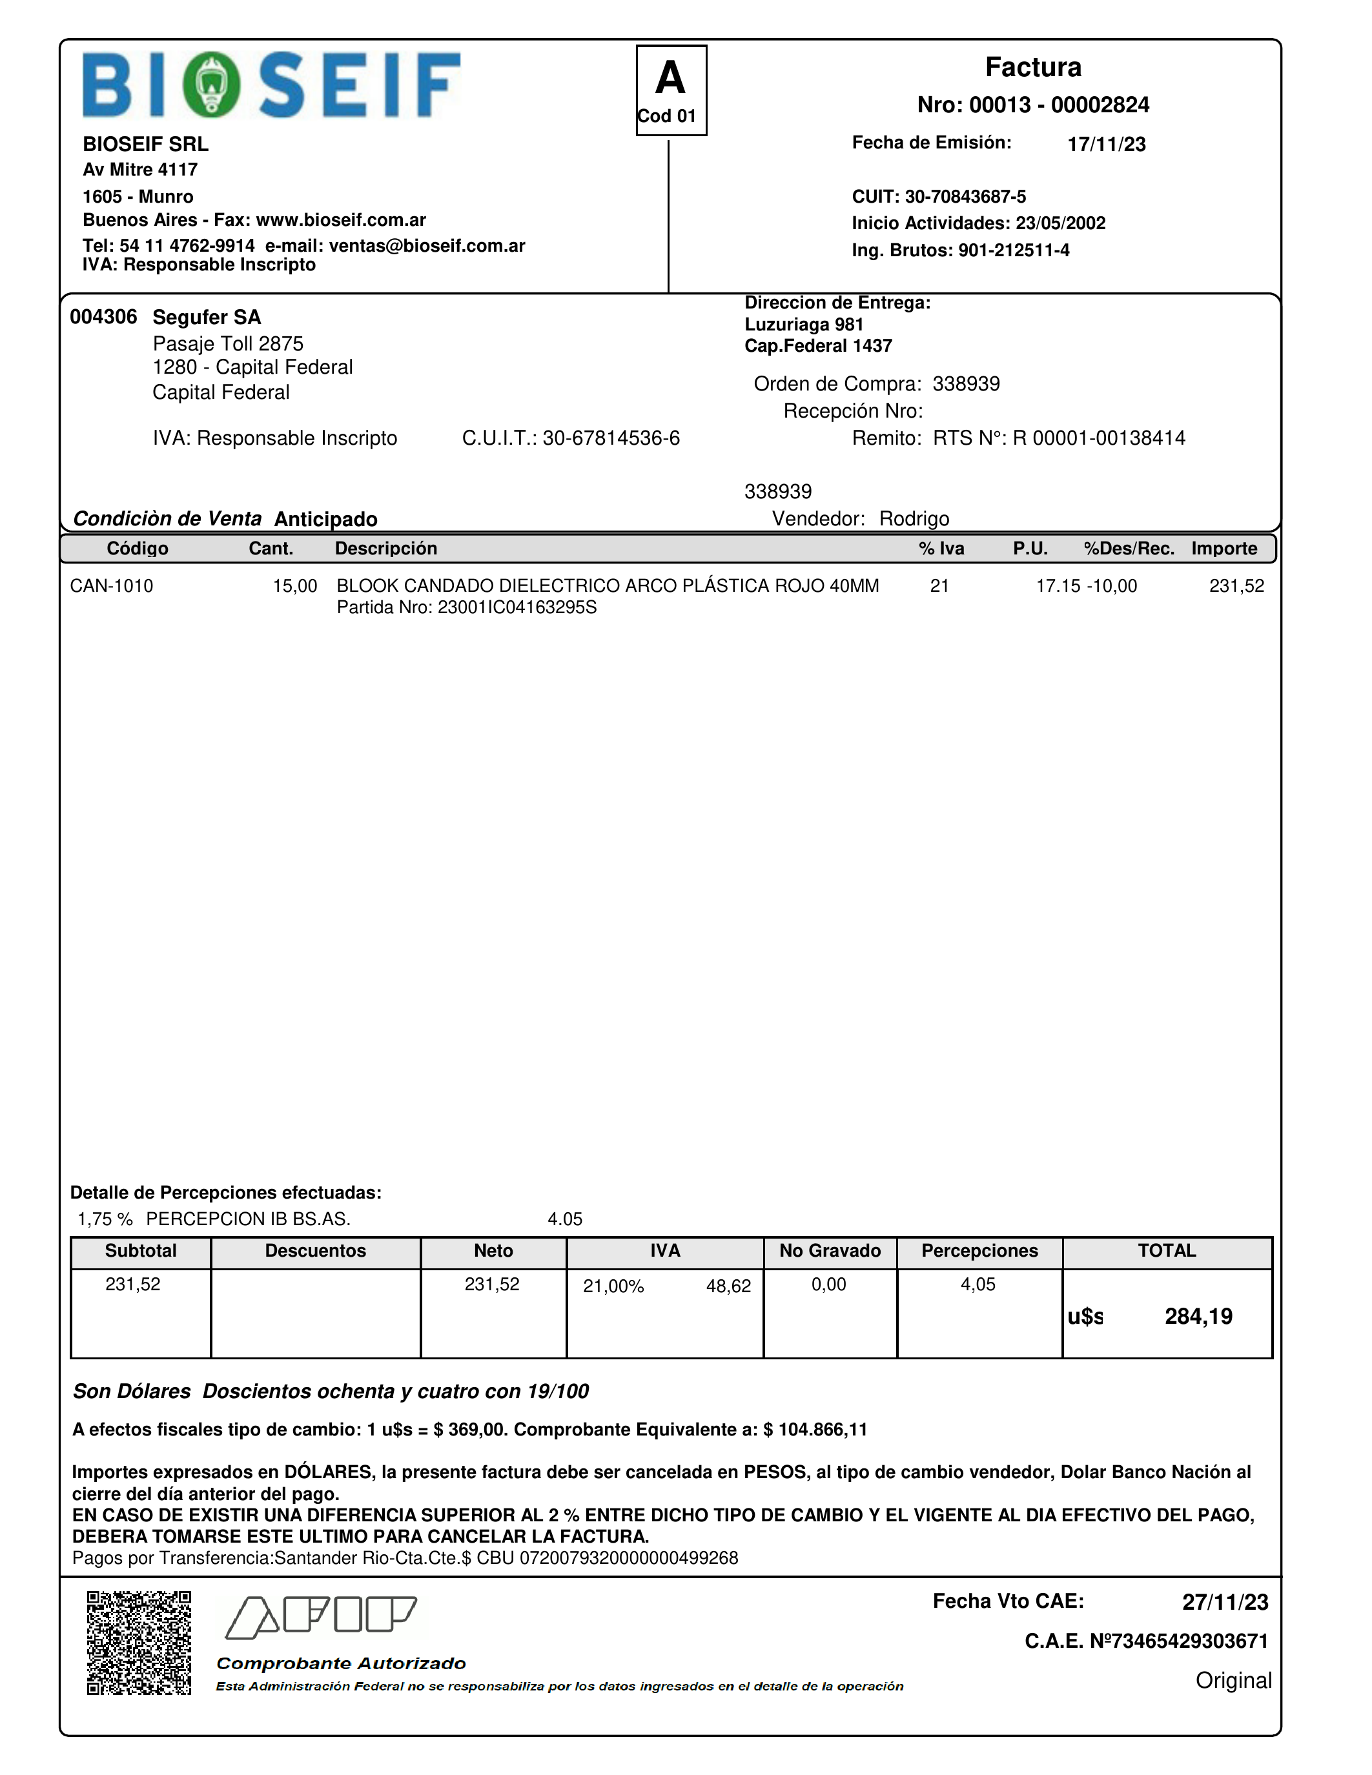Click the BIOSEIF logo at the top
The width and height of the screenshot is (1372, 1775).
tap(271, 85)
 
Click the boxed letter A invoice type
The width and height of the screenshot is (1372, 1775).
tap(671, 79)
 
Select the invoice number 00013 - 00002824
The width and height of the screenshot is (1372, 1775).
tap(1033, 105)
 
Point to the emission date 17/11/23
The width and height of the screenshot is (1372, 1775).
tap(1106, 144)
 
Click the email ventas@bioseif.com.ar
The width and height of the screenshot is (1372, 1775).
tap(427, 245)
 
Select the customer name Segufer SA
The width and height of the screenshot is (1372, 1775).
tap(207, 317)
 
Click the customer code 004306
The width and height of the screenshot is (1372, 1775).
tap(103, 317)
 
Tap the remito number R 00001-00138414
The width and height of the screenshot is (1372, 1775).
tap(1099, 438)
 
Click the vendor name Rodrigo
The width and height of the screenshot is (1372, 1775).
tap(914, 518)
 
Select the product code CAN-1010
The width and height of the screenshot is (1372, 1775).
tap(111, 586)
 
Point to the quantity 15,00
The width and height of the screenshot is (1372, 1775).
tap(294, 586)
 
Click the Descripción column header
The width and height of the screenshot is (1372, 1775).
tap(386, 549)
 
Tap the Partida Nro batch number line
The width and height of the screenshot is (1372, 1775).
tap(467, 608)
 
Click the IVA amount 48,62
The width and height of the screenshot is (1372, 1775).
tap(728, 1286)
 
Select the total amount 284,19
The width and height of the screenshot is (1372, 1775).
tap(1198, 1317)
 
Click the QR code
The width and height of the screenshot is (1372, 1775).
tap(139, 1643)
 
